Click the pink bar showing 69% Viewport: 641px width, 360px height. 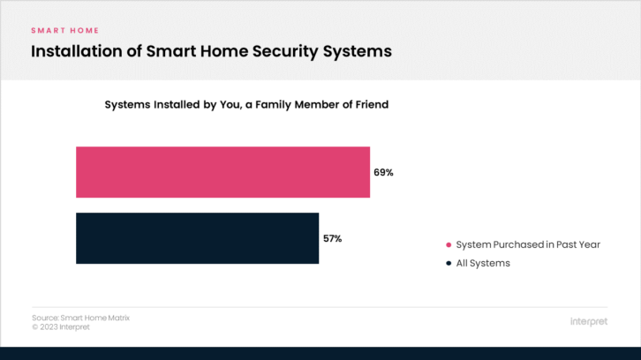222,172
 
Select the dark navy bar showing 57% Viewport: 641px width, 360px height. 198,238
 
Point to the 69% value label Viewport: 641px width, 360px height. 383,172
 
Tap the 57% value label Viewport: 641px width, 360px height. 332,238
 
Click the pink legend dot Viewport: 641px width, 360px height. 449,244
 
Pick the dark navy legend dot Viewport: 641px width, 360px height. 449,263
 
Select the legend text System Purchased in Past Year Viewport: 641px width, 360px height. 528,244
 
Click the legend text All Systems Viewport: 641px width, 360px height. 483,263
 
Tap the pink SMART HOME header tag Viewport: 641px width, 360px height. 65,31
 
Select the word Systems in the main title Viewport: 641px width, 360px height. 358,52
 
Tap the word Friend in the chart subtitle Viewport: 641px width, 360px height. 372,105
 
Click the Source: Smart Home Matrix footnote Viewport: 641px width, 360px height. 81,318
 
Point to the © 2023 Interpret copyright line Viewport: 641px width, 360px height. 61,327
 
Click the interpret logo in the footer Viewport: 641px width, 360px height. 589,321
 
